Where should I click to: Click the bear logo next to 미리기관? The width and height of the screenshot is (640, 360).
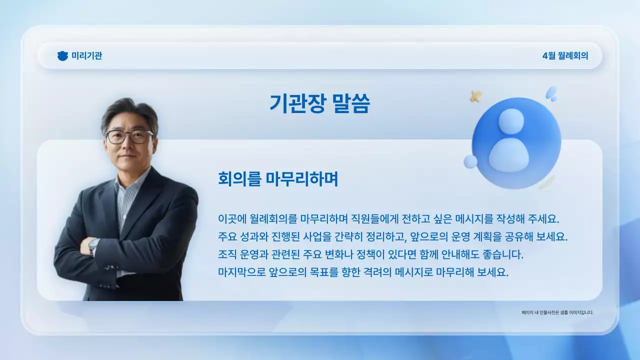tap(62, 56)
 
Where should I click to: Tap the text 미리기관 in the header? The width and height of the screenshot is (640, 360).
tap(87, 56)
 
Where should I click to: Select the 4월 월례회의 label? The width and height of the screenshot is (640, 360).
tap(565, 56)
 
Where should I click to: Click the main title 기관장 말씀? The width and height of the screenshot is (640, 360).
tap(319, 103)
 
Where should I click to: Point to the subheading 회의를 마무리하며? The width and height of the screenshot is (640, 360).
tap(278, 178)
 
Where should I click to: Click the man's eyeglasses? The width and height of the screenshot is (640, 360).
tap(129, 136)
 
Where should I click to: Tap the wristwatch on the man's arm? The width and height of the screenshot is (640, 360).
tap(93, 245)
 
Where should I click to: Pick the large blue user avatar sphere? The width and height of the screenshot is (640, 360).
tap(516, 143)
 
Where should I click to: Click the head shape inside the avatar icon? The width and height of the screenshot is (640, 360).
tap(511, 121)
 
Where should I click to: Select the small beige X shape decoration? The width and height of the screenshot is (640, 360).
tap(476, 96)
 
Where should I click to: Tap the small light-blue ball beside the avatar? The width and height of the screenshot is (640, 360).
tap(470, 161)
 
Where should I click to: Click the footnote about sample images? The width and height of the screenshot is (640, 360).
tap(557, 312)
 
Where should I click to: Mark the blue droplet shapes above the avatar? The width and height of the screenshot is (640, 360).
tap(551, 93)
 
